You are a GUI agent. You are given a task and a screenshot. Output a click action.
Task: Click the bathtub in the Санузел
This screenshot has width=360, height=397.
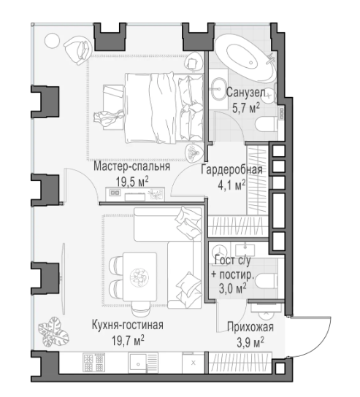tap(246, 58)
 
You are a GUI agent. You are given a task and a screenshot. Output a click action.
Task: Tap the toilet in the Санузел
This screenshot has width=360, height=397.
tap(267, 123)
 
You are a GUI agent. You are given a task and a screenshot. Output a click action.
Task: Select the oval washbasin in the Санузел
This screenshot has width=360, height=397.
tap(218, 88)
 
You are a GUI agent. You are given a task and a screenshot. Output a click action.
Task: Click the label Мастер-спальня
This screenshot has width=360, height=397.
tap(131, 166)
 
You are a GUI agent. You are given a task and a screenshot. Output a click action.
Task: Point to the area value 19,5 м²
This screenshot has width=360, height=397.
tap(132, 181)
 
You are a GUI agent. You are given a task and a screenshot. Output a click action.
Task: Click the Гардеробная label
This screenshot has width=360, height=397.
tap(231, 169)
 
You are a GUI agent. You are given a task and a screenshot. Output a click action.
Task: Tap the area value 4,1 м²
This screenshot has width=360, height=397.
tap(231, 185)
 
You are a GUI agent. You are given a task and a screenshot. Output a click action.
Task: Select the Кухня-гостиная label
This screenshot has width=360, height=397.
tap(128, 325)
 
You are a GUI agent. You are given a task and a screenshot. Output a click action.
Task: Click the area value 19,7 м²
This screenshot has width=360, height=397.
tap(128, 341)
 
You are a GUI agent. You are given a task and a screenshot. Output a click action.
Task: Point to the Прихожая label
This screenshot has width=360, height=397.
tap(250, 327)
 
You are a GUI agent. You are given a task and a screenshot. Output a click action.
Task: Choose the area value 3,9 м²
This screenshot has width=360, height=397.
tap(250, 342)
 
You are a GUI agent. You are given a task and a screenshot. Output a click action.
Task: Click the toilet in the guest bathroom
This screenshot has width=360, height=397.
tap(267, 281)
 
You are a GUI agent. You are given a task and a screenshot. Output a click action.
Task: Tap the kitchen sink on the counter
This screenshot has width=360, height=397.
tap(137, 363)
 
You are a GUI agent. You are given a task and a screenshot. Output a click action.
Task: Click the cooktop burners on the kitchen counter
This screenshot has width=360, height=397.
tap(93, 363)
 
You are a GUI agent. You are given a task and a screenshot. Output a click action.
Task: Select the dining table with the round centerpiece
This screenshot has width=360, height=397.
tap(139, 277)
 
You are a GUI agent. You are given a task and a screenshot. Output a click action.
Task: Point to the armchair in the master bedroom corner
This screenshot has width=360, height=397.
tap(77, 50)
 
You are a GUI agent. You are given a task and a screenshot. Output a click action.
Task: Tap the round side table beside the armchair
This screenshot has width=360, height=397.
tap(52, 41)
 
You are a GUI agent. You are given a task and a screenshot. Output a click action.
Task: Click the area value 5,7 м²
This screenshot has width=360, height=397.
tap(246, 108)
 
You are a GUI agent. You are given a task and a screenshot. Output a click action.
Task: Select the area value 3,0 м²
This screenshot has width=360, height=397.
tap(232, 289)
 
